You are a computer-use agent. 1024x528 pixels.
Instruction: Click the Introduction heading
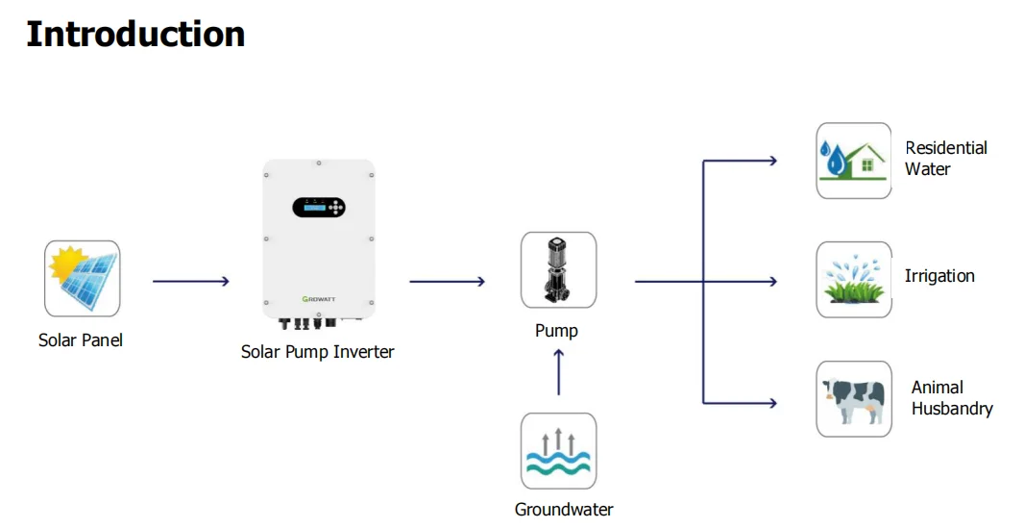click(x=135, y=34)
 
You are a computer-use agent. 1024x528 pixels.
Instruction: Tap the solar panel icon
click(x=83, y=278)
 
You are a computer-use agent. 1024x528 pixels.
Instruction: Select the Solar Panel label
click(x=81, y=339)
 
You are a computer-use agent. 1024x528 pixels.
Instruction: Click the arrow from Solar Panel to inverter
click(x=191, y=281)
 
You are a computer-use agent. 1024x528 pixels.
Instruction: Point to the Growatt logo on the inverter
click(x=319, y=299)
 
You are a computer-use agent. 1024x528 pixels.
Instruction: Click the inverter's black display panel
click(x=319, y=207)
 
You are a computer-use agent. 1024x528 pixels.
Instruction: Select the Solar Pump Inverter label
click(x=317, y=352)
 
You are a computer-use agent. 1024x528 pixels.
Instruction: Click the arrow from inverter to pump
click(x=448, y=281)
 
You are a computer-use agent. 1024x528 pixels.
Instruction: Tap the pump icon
click(x=558, y=270)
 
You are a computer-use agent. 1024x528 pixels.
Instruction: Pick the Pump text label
click(x=556, y=330)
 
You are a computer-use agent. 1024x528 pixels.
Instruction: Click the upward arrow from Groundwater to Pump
click(x=558, y=372)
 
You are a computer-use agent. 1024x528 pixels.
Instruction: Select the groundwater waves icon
click(x=558, y=451)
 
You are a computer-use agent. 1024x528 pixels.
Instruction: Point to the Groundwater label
click(x=564, y=509)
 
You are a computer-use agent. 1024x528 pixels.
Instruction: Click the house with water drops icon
click(x=854, y=161)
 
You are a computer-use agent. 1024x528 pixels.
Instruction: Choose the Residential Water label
click(x=946, y=158)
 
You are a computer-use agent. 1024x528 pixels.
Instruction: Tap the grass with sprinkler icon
click(x=854, y=280)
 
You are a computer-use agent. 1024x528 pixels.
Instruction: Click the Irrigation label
click(x=939, y=276)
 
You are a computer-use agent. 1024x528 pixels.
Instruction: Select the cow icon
click(x=854, y=398)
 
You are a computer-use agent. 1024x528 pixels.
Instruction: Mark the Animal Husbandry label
click(x=952, y=398)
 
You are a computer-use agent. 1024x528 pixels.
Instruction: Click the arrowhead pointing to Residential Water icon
click(x=772, y=161)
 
